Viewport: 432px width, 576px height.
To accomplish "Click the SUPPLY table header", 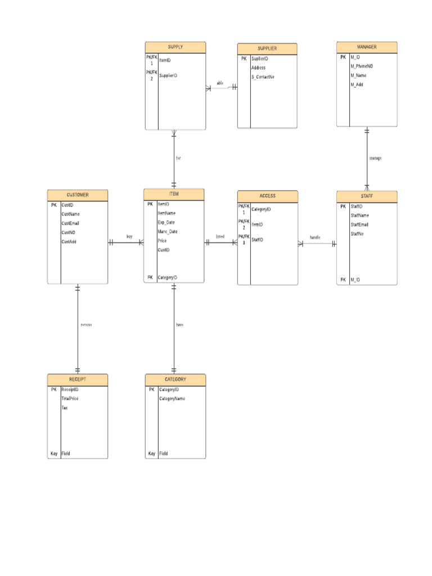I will [175, 47].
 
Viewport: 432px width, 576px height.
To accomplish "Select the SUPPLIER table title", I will [267, 48].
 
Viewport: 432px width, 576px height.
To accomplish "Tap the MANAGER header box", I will [367, 47].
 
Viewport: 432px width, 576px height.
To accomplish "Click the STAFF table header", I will [367, 196].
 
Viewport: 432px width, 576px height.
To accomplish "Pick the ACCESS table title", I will [267, 196].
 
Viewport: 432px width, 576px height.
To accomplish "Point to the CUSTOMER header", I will [78, 195].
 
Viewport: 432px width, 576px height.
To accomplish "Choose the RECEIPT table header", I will [78, 380].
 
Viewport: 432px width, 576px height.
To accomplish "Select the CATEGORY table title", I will [175, 380].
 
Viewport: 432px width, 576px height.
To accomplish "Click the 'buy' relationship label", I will [129, 236].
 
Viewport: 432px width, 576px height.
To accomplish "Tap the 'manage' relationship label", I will [375, 158].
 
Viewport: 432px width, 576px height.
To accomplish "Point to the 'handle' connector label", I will [315, 237].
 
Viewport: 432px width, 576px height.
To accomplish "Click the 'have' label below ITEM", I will [179, 325].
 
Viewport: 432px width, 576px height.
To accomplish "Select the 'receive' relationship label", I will [86, 325].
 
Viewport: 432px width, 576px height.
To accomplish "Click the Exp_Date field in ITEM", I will [166, 222].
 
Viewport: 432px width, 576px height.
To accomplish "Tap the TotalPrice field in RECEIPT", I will [70, 398].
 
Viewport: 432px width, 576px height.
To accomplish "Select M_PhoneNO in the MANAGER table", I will [361, 66].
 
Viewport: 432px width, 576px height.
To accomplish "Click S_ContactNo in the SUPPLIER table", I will [263, 76].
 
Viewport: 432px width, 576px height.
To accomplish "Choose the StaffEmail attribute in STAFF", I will [359, 224].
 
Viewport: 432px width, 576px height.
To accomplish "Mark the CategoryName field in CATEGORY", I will [172, 398].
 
